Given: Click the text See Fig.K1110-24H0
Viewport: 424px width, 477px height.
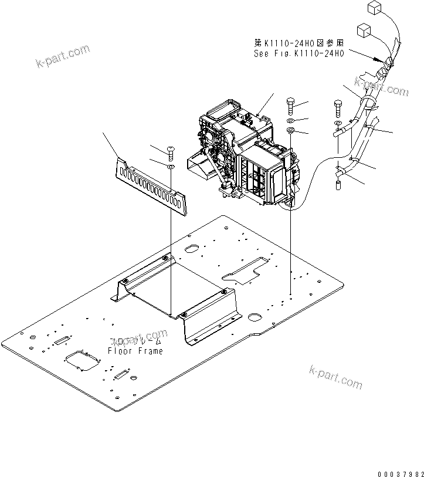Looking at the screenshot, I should tap(298, 53).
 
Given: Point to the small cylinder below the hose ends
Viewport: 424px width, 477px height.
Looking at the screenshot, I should tap(338, 185).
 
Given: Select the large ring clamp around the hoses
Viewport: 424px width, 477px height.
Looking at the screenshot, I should tap(369, 104).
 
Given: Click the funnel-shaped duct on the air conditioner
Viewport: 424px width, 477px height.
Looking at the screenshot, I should tap(199, 164).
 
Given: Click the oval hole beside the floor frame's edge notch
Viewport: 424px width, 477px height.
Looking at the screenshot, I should tap(255, 317).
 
